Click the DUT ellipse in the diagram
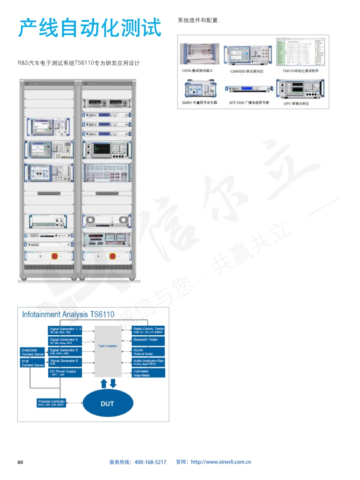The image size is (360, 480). [108, 403]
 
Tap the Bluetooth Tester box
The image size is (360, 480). [148, 339]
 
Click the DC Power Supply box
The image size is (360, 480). [65, 373]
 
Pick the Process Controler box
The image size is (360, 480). [51, 403]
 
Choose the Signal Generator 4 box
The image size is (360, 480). [65, 341]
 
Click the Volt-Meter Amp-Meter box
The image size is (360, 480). [148, 373]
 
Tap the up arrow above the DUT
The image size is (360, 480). [104, 383]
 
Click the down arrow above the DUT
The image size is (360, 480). [113, 383]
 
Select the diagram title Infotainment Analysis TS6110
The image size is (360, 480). [69, 314]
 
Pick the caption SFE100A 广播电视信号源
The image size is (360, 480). [249, 103]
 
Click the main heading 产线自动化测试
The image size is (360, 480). [89, 28]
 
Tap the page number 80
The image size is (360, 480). [20, 462]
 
